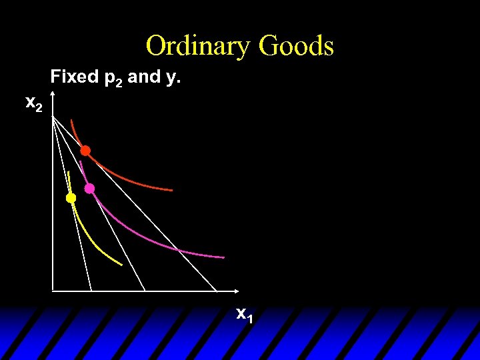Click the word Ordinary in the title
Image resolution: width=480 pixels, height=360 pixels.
[198, 46]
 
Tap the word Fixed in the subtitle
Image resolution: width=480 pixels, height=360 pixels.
[74, 77]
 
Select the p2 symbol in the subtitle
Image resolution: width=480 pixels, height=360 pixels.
[113, 79]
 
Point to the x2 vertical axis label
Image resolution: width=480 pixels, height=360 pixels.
[34, 103]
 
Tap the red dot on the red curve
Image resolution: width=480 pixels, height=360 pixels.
[85, 151]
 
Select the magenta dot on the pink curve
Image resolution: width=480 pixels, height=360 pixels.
[89, 189]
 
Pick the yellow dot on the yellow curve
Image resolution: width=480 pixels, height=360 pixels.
[71, 198]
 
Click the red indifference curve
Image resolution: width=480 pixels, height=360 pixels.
[133, 180]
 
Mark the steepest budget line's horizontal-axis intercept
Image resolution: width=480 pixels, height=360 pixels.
[91, 291]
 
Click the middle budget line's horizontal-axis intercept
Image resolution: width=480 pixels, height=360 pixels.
[145, 291]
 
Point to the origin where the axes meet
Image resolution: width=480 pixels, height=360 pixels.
[53, 291]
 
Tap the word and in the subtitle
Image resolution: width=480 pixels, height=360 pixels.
[143, 77]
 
